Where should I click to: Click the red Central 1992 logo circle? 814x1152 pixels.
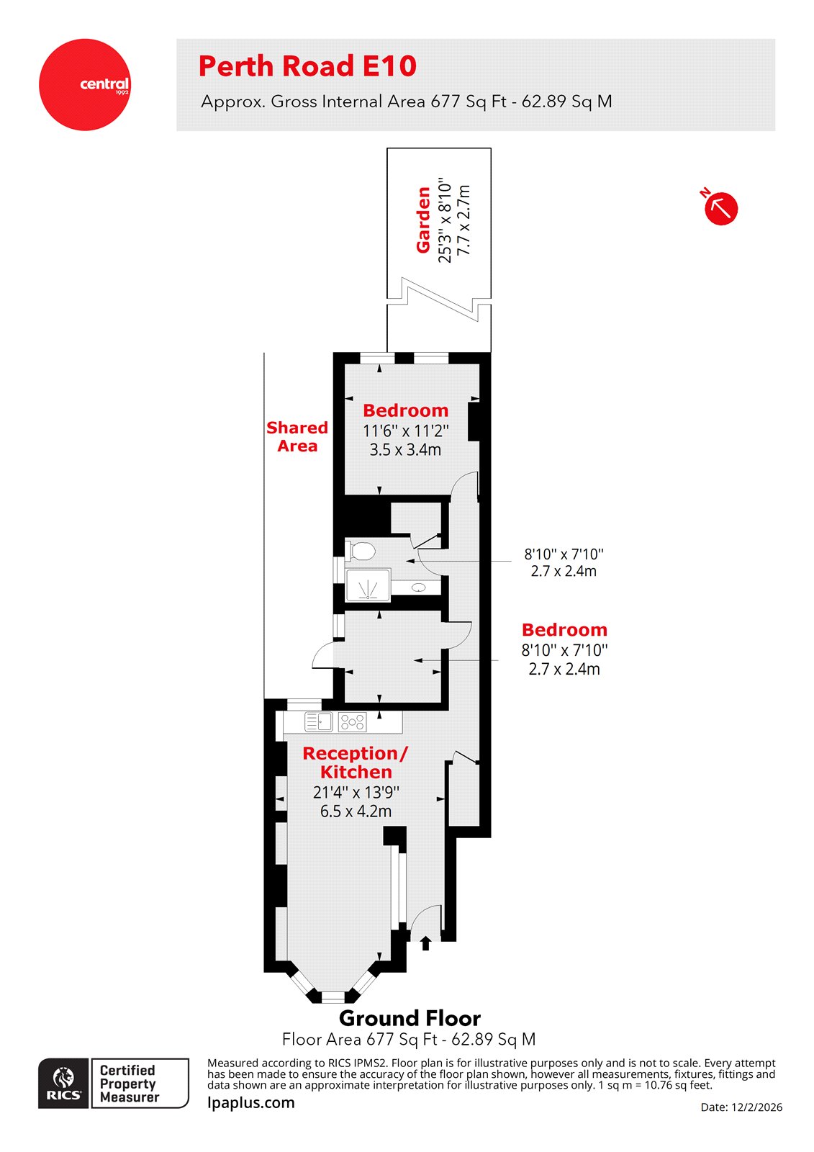[x=84, y=84]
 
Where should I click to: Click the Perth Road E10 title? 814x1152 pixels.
[x=307, y=66]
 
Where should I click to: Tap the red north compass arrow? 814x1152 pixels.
[x=720, y=208]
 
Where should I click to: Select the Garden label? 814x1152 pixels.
[x=424, y=220]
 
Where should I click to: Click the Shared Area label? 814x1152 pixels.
[x=297, y=437]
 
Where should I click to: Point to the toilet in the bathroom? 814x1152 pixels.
[x=361, y=552]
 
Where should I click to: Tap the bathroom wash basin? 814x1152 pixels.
[x=419, y=588]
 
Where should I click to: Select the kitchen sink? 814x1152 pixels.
[x=317, y=721]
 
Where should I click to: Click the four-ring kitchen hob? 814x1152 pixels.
[x=353, y=721]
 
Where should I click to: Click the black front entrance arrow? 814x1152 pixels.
[x=425, y=942]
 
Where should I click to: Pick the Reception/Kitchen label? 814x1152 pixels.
[x=356, y=762]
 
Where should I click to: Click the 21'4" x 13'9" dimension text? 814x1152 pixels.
[x=356, y=793]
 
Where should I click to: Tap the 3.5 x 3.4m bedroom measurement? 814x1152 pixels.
[x=405, y=450]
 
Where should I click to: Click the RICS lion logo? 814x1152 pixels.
[x=63, y=1083]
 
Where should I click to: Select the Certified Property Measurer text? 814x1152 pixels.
[x=130, y=1084]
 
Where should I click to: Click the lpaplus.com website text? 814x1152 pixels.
[x=250, y=1102]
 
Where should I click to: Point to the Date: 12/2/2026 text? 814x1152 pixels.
[x=741, y=1107]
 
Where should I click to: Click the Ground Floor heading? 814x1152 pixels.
[x=410, y=1018]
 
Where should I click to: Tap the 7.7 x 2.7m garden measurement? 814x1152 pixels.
[x=464, y=220]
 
